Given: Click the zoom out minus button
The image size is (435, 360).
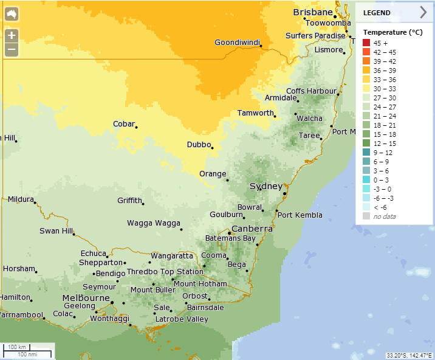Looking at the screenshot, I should pyautogui.click(x=12, y=50).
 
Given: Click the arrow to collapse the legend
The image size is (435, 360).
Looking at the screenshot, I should pyautogui.click(x=423, y=12).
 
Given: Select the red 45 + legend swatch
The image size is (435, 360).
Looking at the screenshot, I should pyautogui.click(x=366, y=43).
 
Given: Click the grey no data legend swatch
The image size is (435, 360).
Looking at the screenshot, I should pyautogui.click(x=366, y=216).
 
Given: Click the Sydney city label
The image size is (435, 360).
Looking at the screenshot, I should pyautogui.click(x=265, y=186).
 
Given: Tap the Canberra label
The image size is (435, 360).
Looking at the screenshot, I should pyautogui.click(x=252, y=229).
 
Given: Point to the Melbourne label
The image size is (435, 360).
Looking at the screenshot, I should pyautogui.click(x=86, y=297).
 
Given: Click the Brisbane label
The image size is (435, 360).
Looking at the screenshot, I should pyautogui.click(x=313, y=12).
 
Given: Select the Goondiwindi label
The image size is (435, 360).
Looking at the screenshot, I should pyautogui.click(x=237, y=43).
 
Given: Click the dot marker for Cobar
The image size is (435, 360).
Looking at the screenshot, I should pyautogui.click(x=137, y=127).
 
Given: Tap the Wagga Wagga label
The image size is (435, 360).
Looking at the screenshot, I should pyautogui.click(x=153, y=223).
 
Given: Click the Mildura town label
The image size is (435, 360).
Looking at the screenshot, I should pyautogui.click(x=21, y=199).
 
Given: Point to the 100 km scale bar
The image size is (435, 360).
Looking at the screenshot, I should pyautogui.click(x=18, y=348).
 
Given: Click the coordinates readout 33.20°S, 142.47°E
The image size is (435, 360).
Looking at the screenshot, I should pyautogui.click(x=409, y=355).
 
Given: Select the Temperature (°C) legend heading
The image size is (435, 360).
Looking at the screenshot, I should pyautogui.click(x=392, y=32).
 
